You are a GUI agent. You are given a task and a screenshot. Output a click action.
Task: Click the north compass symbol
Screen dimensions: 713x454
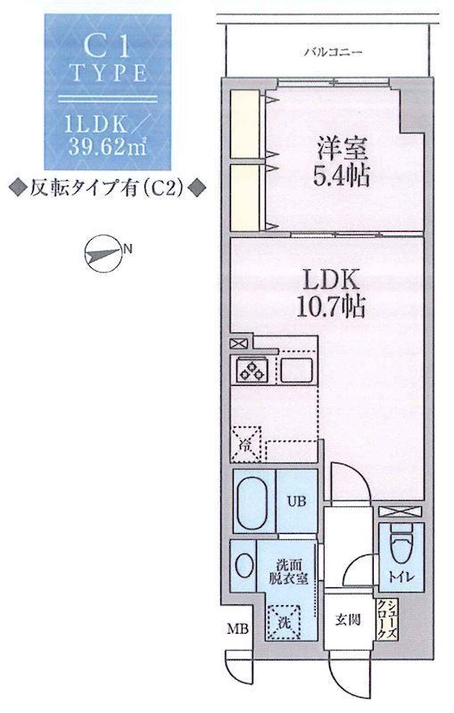pos(100,254)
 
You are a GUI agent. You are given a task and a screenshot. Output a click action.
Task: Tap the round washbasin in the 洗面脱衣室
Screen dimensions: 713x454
pos(244,567)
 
